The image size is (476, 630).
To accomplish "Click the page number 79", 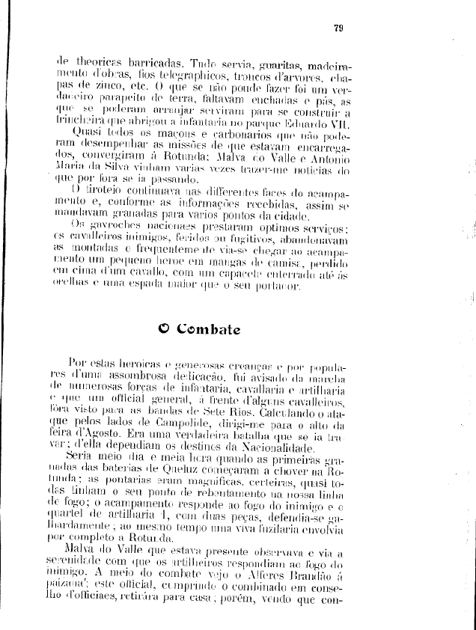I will [338, 29].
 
